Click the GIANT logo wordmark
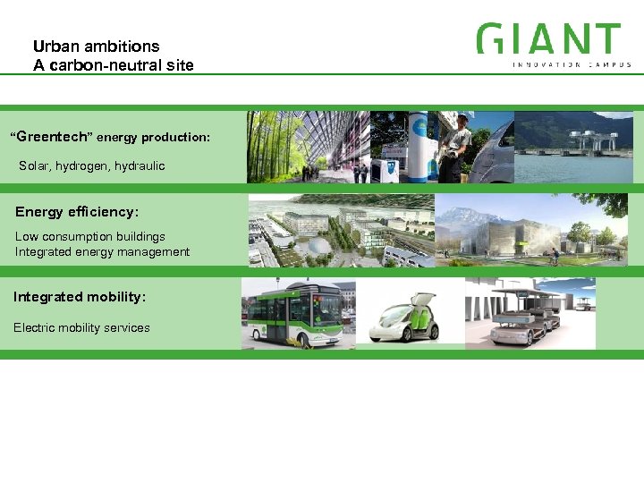tap(548, 38)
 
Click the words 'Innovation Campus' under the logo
tap(572, 64)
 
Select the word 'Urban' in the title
tap(52, 47)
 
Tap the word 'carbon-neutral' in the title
tap(97, 65)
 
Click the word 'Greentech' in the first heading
tap(51, 137)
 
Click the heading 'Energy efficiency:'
tap(77, 212)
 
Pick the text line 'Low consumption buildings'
tap(90, 236)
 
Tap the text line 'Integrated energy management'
tap(102, 251)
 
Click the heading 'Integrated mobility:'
tap(80, 296)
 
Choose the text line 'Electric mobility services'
tap(81, 327)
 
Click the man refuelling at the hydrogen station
tap(457, 143)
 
